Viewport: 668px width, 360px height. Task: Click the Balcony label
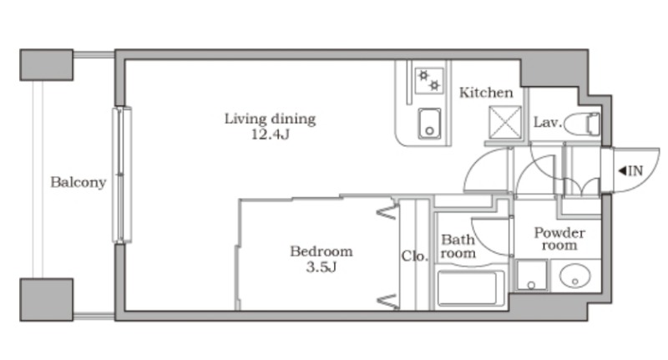(78, 182)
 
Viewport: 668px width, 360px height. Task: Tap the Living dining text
(270, 119)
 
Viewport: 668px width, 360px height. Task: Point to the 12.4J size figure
(270, 134)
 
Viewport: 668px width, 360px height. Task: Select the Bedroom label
(321, 251)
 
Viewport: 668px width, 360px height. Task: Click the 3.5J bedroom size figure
(321, 267)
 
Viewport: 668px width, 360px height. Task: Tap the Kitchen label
(486, 93)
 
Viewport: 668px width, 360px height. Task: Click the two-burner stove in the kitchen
(429, 81)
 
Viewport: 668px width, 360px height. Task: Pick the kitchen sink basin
(429, 123)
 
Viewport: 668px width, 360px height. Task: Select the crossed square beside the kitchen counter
(505, 122)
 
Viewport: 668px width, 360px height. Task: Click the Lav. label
(548, 123)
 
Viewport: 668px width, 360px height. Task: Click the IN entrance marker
(630, 171)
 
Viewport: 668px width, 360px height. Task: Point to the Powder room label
(559, 239)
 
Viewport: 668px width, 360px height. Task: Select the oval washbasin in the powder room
(574, 276)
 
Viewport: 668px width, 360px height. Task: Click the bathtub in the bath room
(470, 288)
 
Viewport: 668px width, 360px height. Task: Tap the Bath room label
(458, 246)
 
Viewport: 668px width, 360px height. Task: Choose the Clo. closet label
(414, 256)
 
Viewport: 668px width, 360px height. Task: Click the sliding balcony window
(122, 175)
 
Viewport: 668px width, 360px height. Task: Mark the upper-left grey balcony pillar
(47, 65)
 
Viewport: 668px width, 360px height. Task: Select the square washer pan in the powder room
(531, 275)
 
